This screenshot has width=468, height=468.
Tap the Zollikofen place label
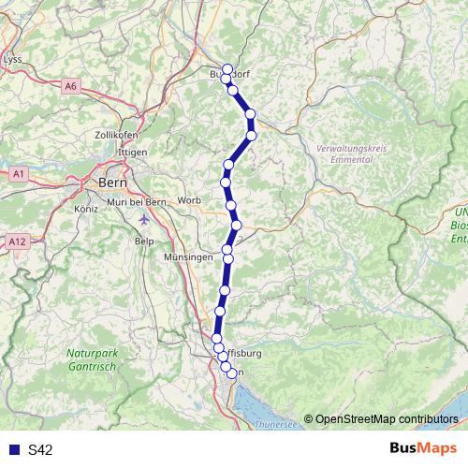pos(117,135)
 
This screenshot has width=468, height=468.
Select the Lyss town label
pos(13,58)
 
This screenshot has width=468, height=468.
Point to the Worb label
pos(188,200)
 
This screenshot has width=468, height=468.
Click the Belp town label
pos(143,241)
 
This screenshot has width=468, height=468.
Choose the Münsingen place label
pos(188,256)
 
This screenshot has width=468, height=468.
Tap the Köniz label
pos(85,209)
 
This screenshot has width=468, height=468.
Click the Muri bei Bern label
pos(137,202)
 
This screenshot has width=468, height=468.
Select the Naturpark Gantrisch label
pos(92,360)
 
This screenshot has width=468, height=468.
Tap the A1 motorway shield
pos(19,174)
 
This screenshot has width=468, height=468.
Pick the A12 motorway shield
pos(17,241)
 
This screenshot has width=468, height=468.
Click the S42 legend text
pos(40,449)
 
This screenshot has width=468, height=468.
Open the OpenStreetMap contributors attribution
pos(386,418)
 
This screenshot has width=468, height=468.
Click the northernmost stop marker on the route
pos(227,69)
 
